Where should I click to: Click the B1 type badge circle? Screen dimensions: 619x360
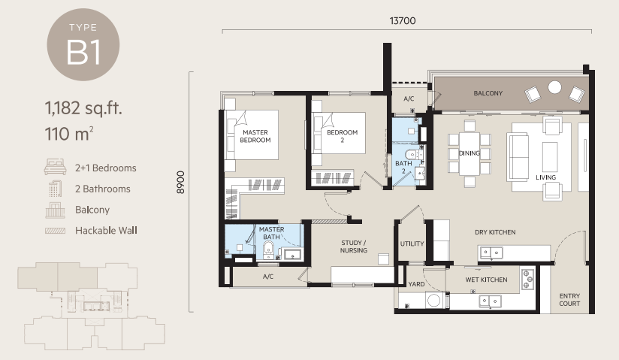pyautogui.click(x=83, y=44)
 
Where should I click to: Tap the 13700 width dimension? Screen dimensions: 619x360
pyautogui.click(x=403, y=21)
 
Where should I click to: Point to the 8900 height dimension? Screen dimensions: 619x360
pyautogui.click(x=180, y=182)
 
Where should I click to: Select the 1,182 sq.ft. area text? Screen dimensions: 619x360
pyautogui.click(x=83, y=108)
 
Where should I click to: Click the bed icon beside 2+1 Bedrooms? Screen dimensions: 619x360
pyautogui.click(x=55, y=167)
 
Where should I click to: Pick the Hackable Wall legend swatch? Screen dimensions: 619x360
pyautogui.click(x=56, y=231)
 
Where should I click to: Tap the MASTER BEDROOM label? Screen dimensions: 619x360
pyautogui.click(x=255, y=136)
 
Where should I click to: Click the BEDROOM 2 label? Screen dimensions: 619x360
pyautogui.click(x=343, y=136)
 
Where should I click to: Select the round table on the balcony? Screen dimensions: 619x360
pyautogui.click(x=554, y=87)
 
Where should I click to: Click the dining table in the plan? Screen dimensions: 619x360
pyautogui.click(x=470, y=154)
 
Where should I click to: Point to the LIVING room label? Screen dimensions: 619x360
pyautogui.click(x=546, y=177)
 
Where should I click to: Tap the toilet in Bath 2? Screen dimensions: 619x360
pyautogui.click(x=413, y=154)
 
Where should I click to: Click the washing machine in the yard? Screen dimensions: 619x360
pyautogui.click(x=434, y=301)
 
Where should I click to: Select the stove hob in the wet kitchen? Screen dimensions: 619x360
pyautogui.click(x=527, y=279)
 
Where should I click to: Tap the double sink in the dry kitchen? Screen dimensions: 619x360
pyautogui.click(x=491, y=253)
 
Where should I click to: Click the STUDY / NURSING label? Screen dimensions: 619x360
pyautogui.click(x=354, y=247)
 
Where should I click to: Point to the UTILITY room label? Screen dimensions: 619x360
pyautogui.click(x=412, y=244)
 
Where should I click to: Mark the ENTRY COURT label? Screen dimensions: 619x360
pyautogui.click(x=569, y=300)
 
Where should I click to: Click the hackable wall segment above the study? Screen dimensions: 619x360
pyautogui.click(x=330, y=222)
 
